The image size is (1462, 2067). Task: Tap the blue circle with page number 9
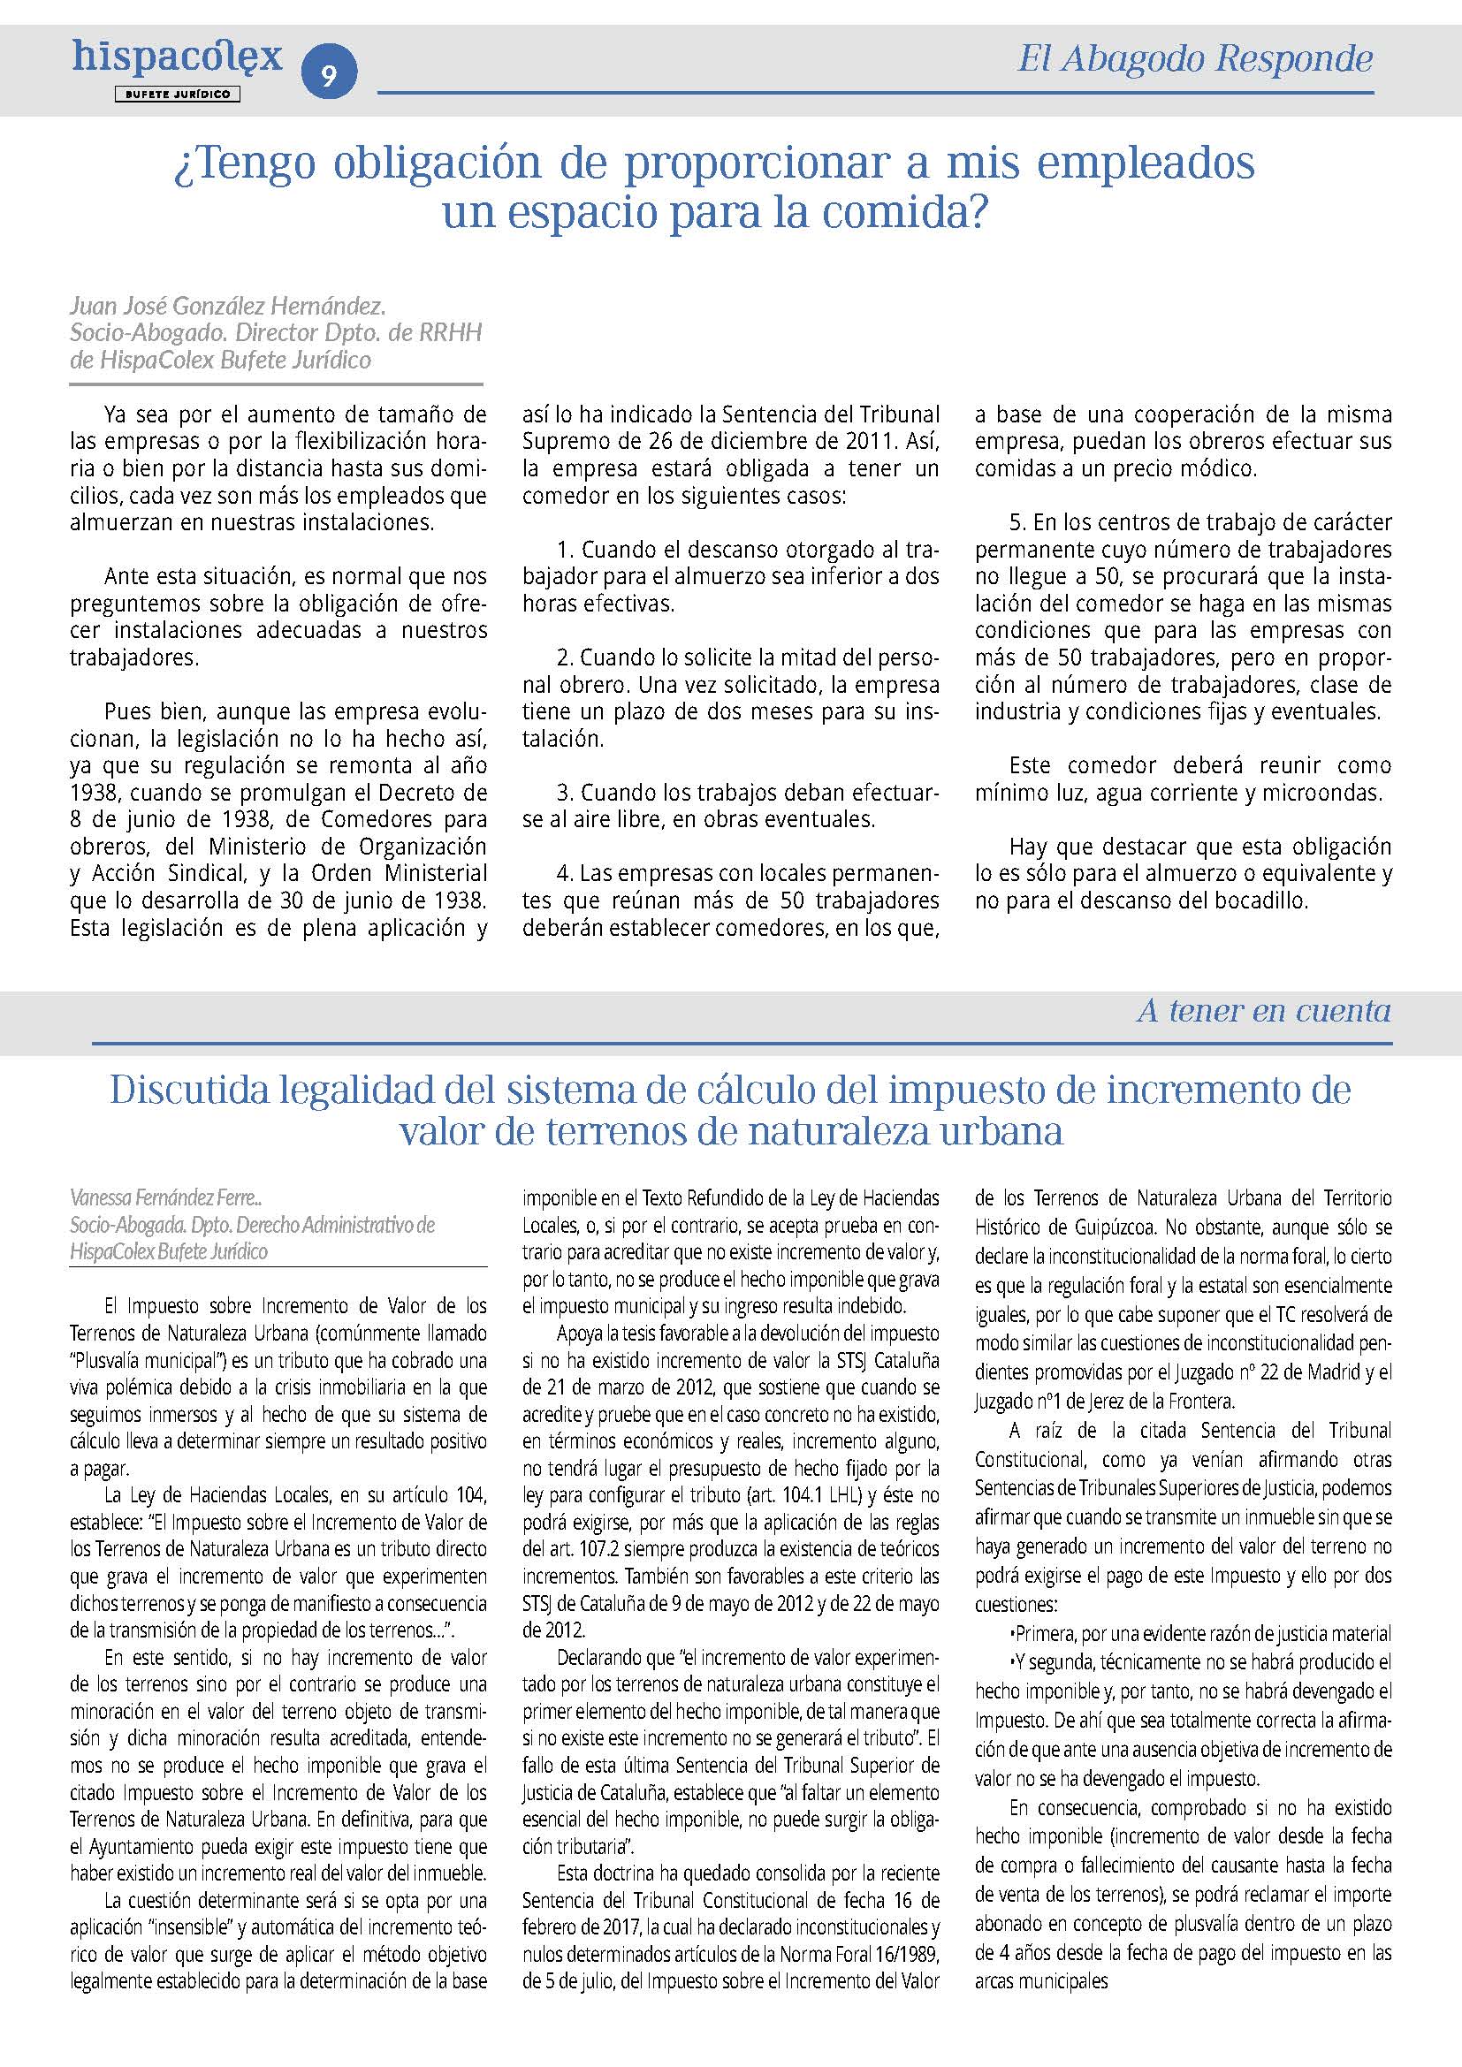329,75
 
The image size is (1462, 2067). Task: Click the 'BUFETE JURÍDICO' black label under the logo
177,94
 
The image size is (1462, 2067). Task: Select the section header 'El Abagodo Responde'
1195,59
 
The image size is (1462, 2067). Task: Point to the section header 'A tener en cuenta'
1263,1011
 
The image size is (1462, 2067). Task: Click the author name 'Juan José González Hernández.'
228,306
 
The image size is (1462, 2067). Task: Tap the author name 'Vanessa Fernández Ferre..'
165,1197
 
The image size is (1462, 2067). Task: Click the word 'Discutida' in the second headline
189,1091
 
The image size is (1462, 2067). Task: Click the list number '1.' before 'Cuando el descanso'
566,550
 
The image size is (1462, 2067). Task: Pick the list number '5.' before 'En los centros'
1017,523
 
